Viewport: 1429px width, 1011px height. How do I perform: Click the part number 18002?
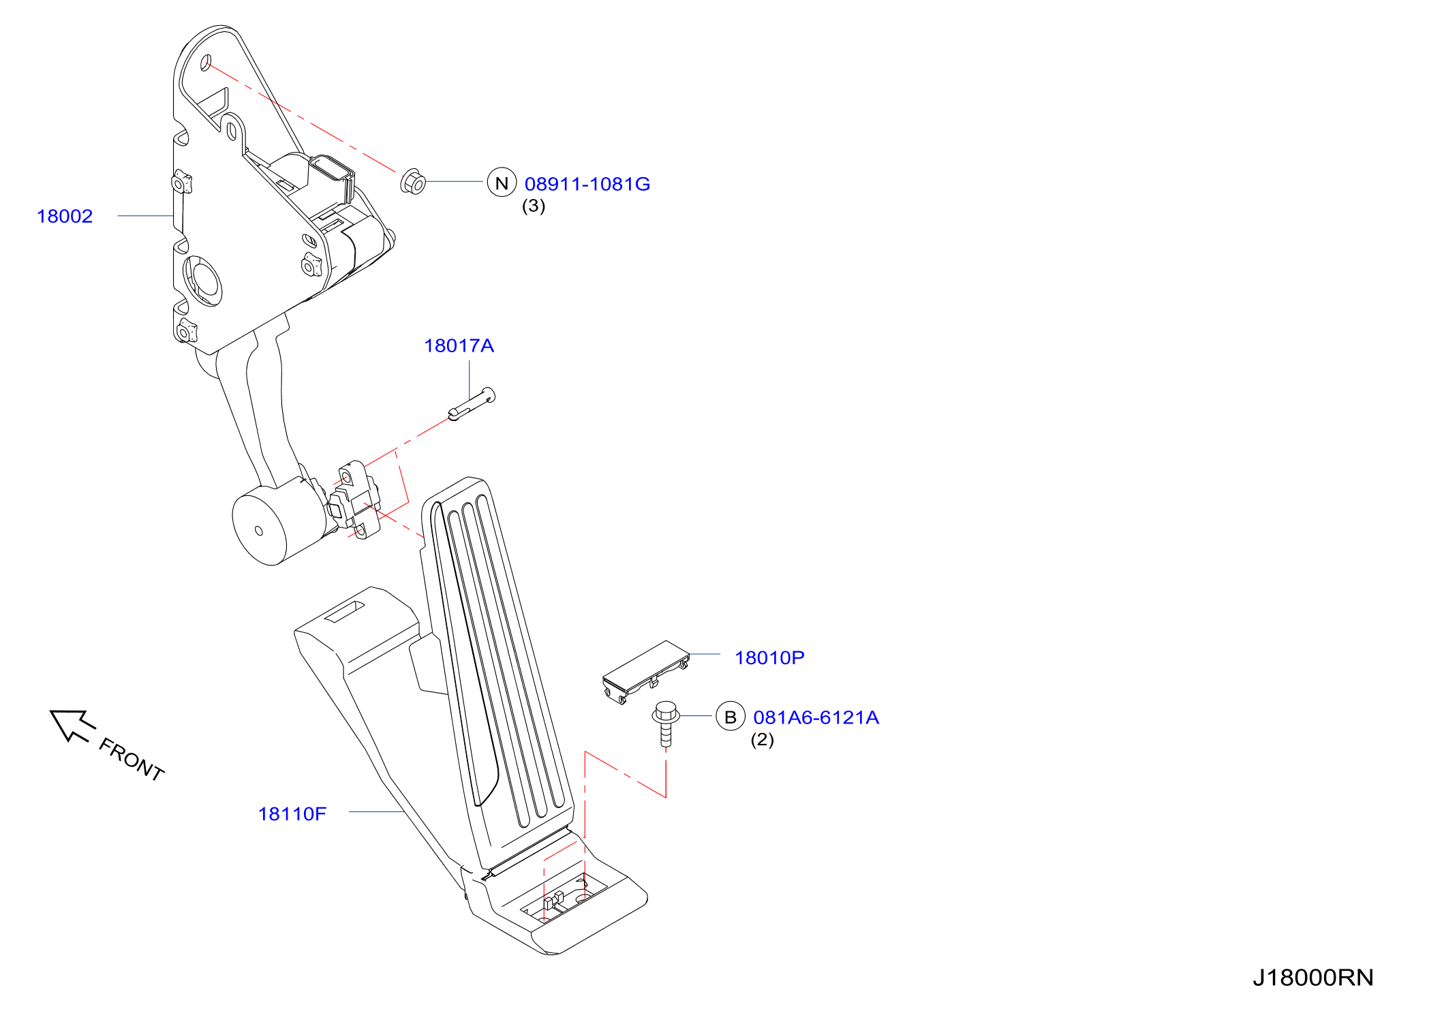tap(65, 216)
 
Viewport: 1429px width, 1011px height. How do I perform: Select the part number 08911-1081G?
tap(587, 184)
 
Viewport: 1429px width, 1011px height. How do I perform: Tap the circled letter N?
tap(502, 183)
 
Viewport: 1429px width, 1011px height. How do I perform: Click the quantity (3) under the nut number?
tap(534, 206)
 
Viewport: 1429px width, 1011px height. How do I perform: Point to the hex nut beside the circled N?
tap(413, 181)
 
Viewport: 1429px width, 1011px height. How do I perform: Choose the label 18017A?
tap(459, 345)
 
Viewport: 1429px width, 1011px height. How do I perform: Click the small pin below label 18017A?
tap(472, 404)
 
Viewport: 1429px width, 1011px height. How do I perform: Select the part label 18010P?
tap(769, 657)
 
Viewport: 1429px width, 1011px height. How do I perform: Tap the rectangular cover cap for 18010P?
tap(645, 671)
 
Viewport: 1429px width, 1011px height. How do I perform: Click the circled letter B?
tap(731, 717)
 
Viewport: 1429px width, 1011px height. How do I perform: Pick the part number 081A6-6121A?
tap(816, 717)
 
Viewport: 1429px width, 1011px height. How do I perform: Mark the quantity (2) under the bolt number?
tap(763, 740)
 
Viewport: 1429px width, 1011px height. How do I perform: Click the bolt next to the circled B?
tap(666, 724)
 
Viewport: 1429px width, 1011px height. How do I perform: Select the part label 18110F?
tap(292, 813)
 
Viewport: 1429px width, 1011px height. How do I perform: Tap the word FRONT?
tap(132, 759)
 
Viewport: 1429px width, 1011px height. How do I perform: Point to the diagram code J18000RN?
tap(1313, 978)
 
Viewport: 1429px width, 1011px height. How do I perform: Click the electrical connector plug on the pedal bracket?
tap(332, 178)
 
